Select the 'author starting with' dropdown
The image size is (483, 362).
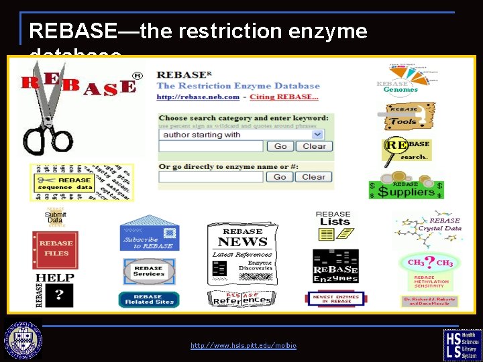244,134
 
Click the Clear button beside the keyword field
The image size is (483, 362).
313,146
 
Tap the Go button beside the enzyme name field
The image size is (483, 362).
279,177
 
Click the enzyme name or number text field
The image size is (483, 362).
211,177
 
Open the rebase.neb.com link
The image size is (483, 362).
198,97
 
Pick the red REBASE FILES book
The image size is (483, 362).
55,249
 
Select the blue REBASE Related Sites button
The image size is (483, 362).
148,299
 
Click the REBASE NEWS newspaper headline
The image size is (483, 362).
242,242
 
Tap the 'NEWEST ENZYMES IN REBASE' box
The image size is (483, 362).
335,299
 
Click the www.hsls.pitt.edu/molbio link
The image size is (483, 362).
243,346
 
